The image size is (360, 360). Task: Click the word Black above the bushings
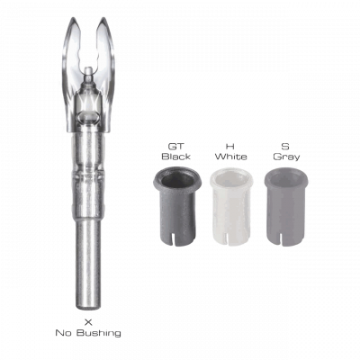click(x=177, y=154)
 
